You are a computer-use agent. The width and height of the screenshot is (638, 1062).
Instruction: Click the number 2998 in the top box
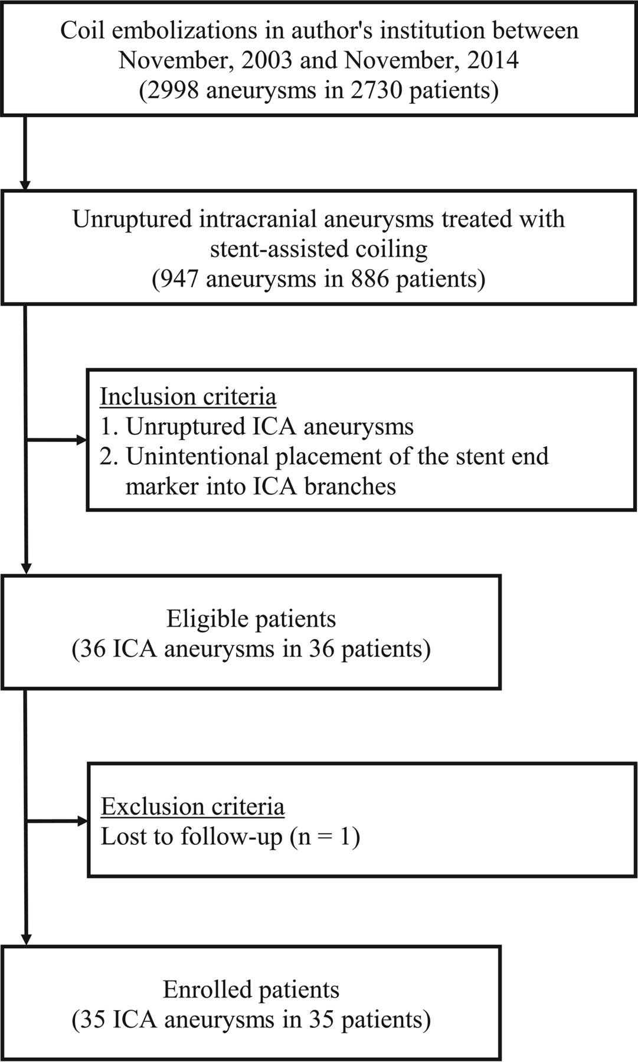173,91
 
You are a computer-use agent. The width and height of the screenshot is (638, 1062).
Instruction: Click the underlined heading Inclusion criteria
188,396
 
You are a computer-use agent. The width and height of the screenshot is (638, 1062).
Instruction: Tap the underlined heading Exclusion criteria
192,806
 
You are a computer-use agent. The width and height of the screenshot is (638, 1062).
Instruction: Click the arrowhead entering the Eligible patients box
25,568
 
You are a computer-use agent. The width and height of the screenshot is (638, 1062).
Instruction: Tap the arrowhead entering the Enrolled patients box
25,939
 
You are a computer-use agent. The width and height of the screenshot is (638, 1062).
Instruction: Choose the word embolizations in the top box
161,30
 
